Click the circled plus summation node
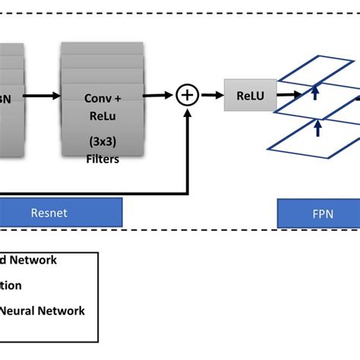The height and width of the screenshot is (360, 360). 187,95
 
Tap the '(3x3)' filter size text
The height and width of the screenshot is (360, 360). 102,142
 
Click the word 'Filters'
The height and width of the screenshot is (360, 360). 102,159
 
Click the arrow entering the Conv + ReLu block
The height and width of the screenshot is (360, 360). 45,96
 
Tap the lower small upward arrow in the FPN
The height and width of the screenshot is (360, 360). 316,128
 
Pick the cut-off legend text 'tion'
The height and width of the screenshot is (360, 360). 11,286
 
